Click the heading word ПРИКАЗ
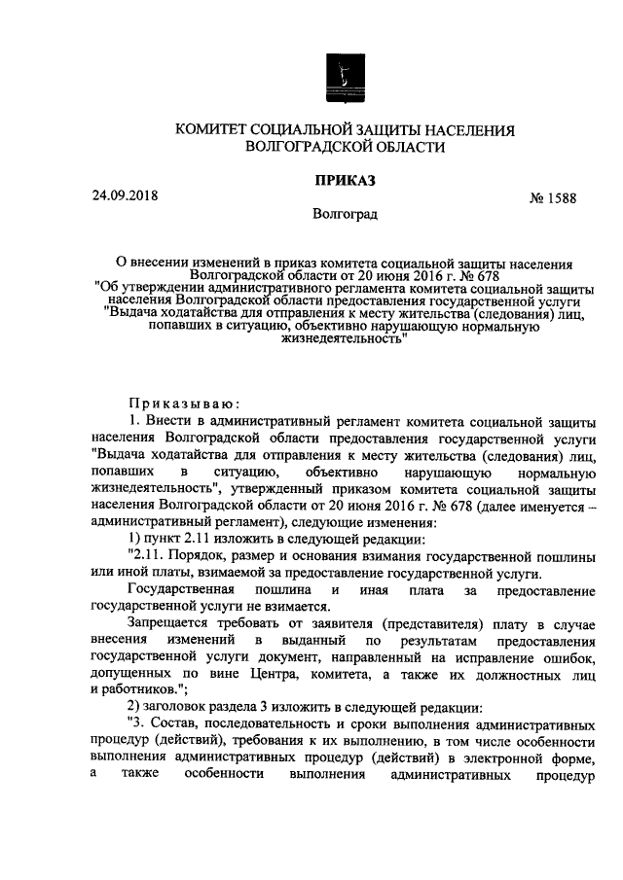tap(343, 180)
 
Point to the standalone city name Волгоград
tap(344, 213)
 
